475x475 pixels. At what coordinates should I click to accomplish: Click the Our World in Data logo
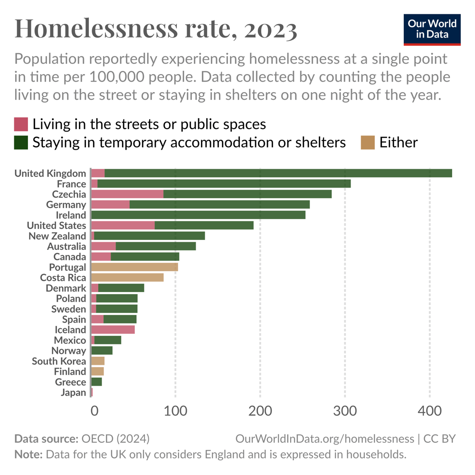[432, 29]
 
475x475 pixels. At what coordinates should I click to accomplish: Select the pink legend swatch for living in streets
[21, 124]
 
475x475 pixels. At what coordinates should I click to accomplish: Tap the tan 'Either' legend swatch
[368, 142]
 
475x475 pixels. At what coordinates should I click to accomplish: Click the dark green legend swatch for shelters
[21, 142]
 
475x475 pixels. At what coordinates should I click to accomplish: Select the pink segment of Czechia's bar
[127, 194]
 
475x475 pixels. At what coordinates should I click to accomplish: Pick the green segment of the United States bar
[204, 226]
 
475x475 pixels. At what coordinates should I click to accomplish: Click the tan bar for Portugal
[134, 267]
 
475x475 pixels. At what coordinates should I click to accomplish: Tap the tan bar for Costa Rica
[127, 278]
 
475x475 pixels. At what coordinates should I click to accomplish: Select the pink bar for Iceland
[113, 330]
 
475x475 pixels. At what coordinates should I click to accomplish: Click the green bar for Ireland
[198, 215]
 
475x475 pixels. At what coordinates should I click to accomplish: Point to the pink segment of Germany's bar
[110, 205]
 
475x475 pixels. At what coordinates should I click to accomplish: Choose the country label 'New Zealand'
[57, 236]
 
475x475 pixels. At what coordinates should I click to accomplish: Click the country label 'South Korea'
[59, 361]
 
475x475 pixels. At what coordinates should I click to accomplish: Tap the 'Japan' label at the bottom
[73, 393]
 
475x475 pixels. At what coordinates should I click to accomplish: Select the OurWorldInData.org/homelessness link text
[324, 438]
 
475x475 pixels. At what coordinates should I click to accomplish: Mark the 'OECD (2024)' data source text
[116, 438]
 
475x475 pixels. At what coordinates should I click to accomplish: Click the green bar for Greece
[96, 382]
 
